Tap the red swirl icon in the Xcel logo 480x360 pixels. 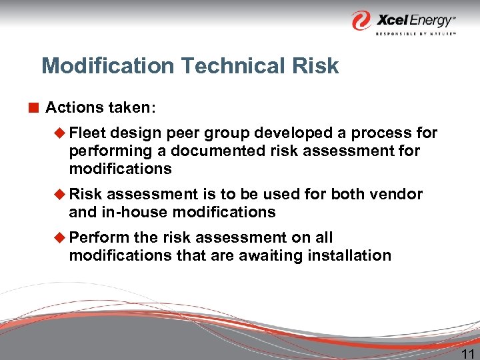click(362, 20)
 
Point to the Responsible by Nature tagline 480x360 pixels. click(415, 33)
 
